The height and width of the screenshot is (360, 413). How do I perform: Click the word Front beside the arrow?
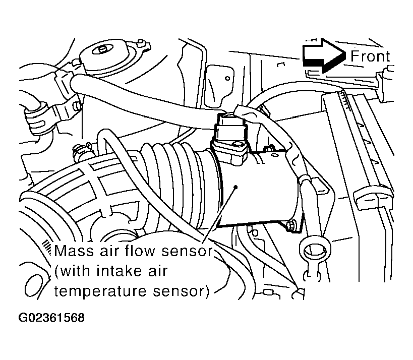coord(370,56)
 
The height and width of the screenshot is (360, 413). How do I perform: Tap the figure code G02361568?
coord(51,318)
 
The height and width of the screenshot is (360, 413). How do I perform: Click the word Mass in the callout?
coord(74,251)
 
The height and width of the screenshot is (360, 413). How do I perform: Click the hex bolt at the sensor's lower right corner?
coord(291,225)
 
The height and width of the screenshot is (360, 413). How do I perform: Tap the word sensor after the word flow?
coord(187,251)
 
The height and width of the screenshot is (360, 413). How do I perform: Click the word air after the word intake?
coord(157,271)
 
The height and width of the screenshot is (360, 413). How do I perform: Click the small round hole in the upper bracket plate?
coord(227,78)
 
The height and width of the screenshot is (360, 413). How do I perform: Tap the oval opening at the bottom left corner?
coord(34,286)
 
